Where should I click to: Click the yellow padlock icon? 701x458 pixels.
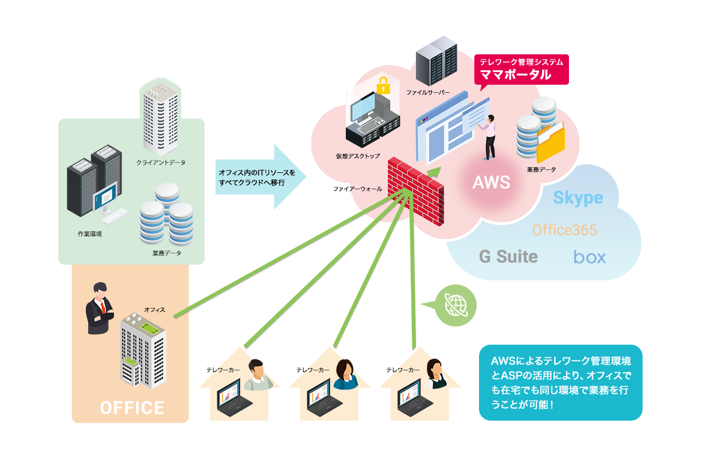[x=383, y=85]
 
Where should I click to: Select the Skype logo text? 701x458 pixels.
[x=578, y=197]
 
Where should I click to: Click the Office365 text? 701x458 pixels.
[x=564, y=230]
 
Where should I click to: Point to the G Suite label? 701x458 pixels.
[x=508, y=256]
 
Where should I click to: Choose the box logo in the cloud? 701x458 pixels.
[x=589, y=257]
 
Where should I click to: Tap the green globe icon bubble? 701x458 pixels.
[x=456, y=306]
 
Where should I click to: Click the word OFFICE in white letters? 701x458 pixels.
[x=132, y=407]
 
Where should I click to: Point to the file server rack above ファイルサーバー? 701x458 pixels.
[x=436, y=62]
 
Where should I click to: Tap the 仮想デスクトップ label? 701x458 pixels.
[x=358, y=157]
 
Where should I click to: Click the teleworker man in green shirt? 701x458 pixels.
[x=258, y=375]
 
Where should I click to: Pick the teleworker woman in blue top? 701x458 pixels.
[x=346, y=374]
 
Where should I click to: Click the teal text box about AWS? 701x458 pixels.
[x=560, y=382]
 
